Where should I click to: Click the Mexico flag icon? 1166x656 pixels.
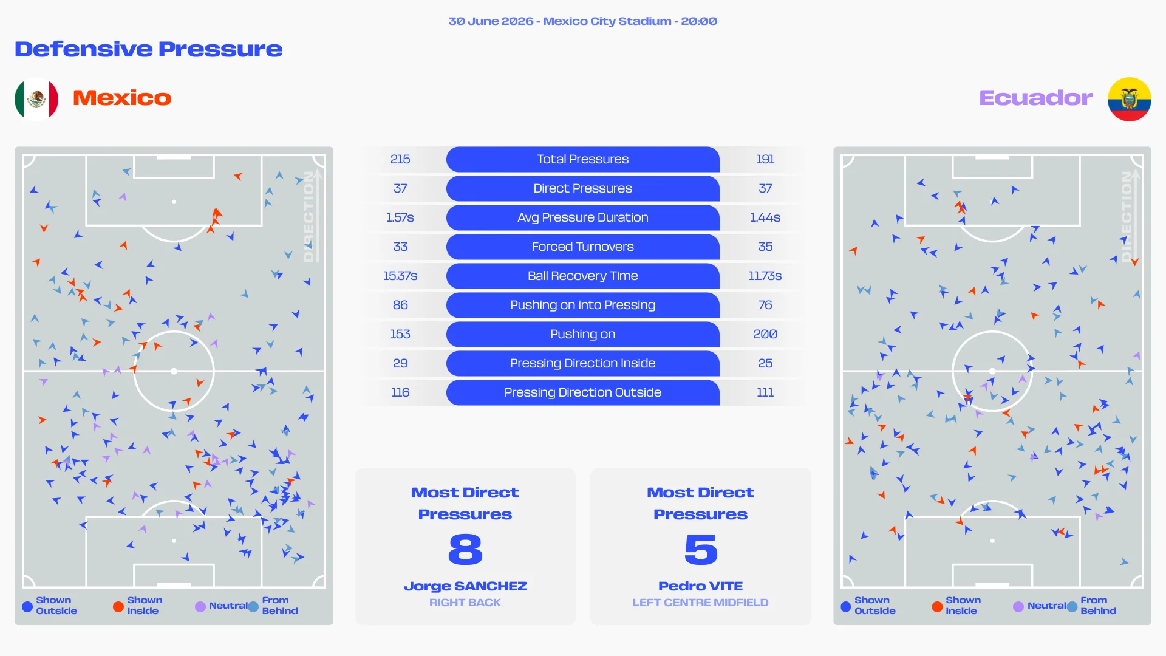click(36, 98)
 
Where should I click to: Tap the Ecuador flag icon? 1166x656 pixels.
click(1129, 99)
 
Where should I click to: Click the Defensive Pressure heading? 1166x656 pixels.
click(148, 49)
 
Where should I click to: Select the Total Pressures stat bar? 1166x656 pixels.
click(582, 159)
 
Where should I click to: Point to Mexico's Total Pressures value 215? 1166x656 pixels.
click(400, 159)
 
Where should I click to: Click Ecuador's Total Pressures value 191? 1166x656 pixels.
click(765, 159)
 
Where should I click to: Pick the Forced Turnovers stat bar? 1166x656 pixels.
click(582, 247)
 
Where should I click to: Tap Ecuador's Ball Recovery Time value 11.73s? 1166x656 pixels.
click(765, 276)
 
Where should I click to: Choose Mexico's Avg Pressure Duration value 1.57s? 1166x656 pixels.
click(400, 217)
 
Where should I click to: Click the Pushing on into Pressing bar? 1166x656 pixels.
click(582, 305)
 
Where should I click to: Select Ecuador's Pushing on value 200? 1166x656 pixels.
click(765, 334)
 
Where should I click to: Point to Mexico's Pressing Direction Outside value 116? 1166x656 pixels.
click(400, 392)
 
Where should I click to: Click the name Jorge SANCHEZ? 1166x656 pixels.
click(465, 586)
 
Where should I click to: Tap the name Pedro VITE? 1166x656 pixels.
click(700, 586)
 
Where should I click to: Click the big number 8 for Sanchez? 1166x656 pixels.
click(465, 549)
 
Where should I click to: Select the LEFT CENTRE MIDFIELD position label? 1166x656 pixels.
click(700, 603)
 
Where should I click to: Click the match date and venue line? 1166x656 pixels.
click(582, 21)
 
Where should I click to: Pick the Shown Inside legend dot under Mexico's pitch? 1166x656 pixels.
click(118, 606)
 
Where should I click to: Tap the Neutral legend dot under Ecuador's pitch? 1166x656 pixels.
click(1018, 606)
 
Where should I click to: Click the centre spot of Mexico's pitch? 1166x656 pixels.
click(174, 371)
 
